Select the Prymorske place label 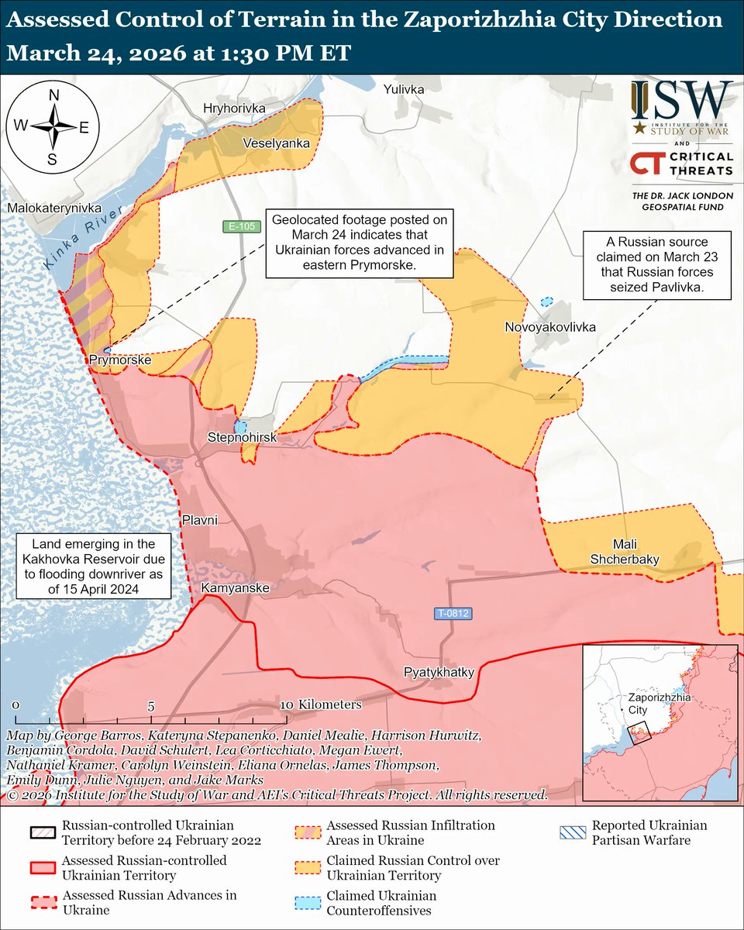pyautogui.click(x=119, y=361)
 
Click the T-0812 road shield pyautogui.click(x=453, y=614)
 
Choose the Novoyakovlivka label pyautogui.click(x=550, y=327)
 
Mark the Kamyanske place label pyautogui.click(x=235, y=589)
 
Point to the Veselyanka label pyautogui.click(x=276, y=143)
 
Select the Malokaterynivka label pyautogui.click(x=55, y=208)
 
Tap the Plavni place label pyautogui.click(x=201, y=519)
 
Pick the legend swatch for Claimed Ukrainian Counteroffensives pyautogui.click(x=308, y=903)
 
